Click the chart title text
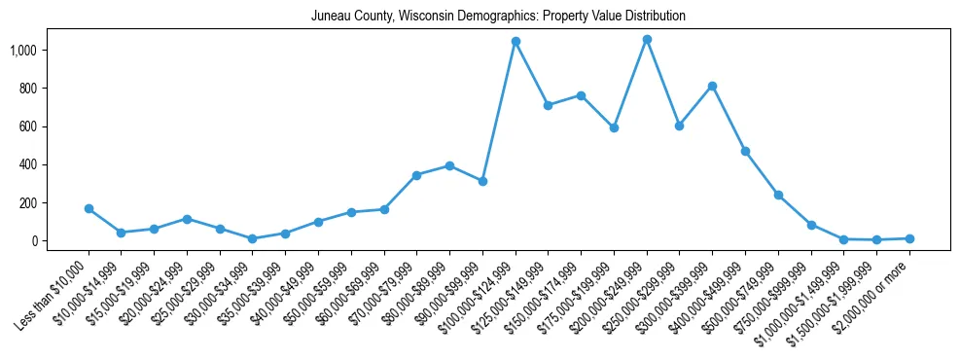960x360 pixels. click(x=498, y=17)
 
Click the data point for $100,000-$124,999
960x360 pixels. click(x=516, y=42)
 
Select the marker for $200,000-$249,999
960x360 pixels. click(x=647, y=40)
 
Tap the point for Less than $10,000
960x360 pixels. click(x=89, y=208)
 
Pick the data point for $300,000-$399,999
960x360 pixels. click(x=712, y=86)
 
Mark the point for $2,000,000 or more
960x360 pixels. click(x=909, y=238)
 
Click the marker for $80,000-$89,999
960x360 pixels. click(x=449, y=165)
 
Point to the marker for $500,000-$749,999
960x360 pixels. click(x=778, y=195)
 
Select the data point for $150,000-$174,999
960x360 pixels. click(x=581, y=95)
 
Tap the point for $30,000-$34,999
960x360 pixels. click(x=253, y=238)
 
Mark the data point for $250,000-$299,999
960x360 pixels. click(x=680, y=126)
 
